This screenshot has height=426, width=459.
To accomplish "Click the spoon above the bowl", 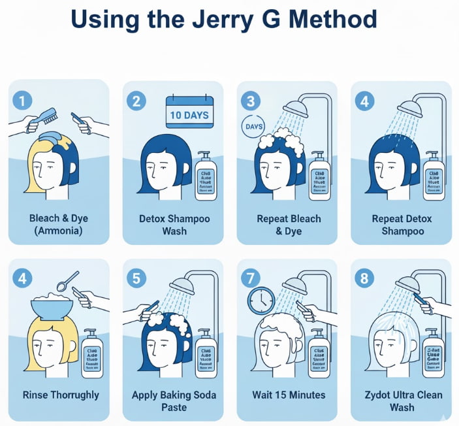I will pos(69,280).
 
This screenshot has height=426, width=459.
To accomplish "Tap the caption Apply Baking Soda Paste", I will pos(174,401).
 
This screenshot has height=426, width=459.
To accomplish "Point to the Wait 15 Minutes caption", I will pos(289,395).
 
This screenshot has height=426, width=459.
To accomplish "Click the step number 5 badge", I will pos(136,278).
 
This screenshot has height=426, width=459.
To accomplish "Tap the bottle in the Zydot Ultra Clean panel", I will pos(434,353).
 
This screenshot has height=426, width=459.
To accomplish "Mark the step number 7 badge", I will pos(251,278).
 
